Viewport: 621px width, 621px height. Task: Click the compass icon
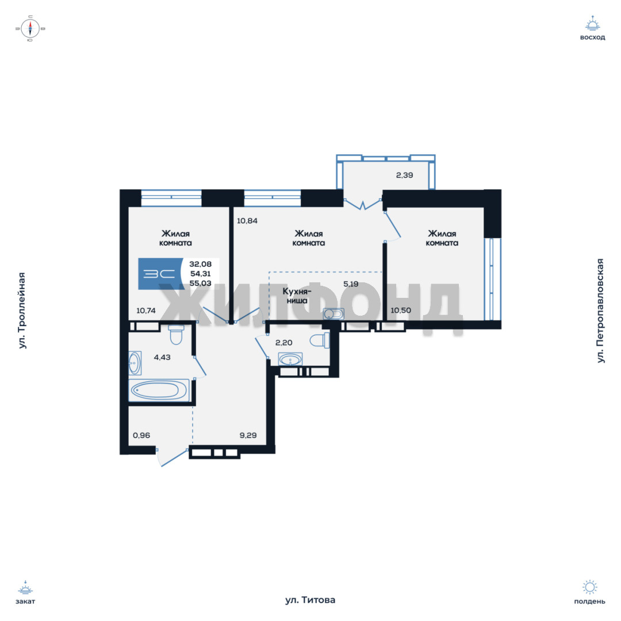pyautogui.click(x=30, y=29)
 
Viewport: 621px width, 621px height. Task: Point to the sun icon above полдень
pyautogui.click(x=590, y=587)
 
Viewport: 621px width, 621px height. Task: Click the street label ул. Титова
pyautogui.click(x=310, y=600)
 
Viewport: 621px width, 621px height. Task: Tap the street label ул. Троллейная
pyautogui.click(x=22, y=310)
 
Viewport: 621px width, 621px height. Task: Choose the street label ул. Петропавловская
pyautogui.click(x=600, y=310)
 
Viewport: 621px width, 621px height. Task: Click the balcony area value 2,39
pyautogui.click(x=404, y=175)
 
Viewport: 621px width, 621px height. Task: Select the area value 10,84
pyautogui.click(x=247, y=221)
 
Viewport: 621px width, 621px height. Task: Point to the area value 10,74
pyautogui.click(x=145, y=311)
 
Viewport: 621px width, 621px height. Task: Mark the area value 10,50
pyautogui.click(x=400, y=310)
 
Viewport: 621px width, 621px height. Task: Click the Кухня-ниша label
pyautogui.click(x=297, y=296)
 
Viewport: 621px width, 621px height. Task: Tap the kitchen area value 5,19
pyautogui.click(x=351, y=284)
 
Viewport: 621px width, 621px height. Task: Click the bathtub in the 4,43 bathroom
pyautogui.click(x=159, y=390)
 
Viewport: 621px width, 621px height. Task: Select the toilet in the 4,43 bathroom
pyautogui.click(x=176, y=335)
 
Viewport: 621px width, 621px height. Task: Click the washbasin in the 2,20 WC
pyautogui.click(x=290, y=359)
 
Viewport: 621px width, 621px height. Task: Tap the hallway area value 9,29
pyautogui.click(x=248, y=435)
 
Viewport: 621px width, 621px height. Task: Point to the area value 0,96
pyautogui.click(x=141, y=435)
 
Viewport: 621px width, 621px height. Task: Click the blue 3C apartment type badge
pyautogui.click(x=160, y=274)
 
